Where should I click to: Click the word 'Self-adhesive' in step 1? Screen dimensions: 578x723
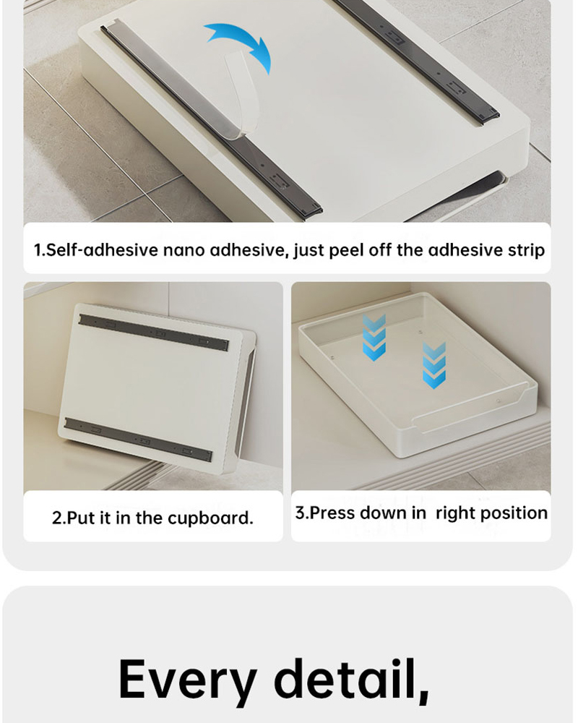pyautogui.click(x=101, y=250)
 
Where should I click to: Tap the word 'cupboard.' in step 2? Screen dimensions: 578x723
pyautogui.click(x=210, y=518)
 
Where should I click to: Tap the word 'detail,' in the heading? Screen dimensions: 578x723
pyautogui.click(x=351, y=680)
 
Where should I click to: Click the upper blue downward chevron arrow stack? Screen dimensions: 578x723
pyautogui.click(x=374, y=338)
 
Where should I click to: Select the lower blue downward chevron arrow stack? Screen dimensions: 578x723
pyautogui.click(x=434, y=365)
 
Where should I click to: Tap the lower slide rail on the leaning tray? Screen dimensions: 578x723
pyautogui.click(x=137, y=440)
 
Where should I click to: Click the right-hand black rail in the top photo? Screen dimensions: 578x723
pyautogui.click(x=416, y=59)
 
